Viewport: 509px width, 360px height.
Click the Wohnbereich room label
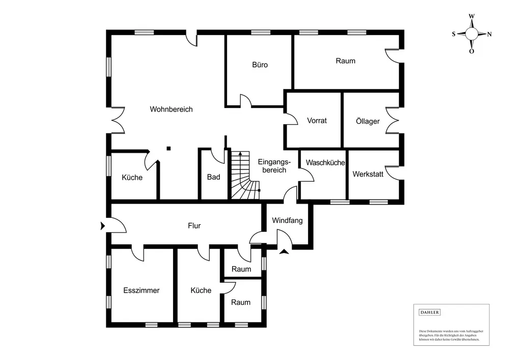pyautogui.click(x=171, y=109)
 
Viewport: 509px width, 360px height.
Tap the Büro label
pyautogui.click(x=260, y=65)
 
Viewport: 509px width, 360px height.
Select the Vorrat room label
pyautogui.click(x=317, y=121)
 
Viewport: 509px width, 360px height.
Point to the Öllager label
pyautogui.click(x=367, y=121)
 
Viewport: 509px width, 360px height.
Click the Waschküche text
pyautogui.click(x=325, y=163)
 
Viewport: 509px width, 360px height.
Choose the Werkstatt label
pyautogui.click(x=368, y=174)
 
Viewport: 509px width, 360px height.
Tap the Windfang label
pyautogui.click(x=287, y=220)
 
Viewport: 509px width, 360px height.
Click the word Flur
pyautogui.click(x=194, y=226)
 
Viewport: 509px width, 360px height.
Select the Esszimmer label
pyautogui.click(x=142, y=290)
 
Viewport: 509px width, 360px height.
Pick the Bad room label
pyautogui.click(x=213, y=177)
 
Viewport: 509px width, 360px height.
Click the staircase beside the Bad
pyautogui.click(x=244, y=176)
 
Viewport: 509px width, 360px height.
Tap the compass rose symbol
pyautogui.click(x=471, y=34)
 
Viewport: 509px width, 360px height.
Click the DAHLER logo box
pyautogui.click(x=429, y=312)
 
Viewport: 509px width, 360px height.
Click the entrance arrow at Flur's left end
pyautogui.click(x=103, y=225)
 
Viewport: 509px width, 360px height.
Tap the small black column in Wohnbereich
pyautogui.click(x=168, y=148)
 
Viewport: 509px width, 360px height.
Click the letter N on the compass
pyautogui.click(x=489, y=35)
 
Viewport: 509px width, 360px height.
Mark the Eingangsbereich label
pyautogui.click(x=274, y=165)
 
